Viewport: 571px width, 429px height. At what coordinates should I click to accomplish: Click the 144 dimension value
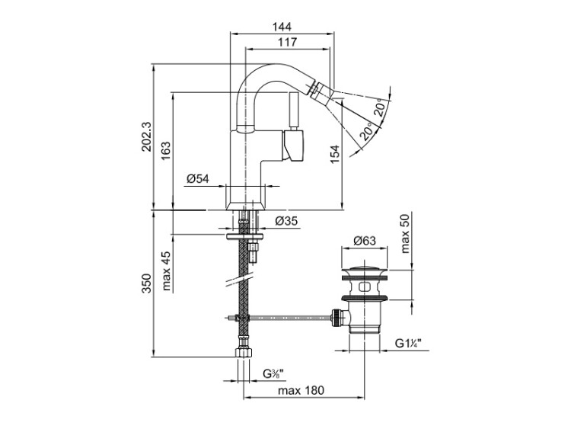pos(282,25)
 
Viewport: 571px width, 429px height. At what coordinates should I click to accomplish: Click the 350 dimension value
pos(146,283)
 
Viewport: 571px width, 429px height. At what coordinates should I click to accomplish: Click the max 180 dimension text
pos(301,390)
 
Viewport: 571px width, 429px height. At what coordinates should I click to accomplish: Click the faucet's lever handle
pos(294,145)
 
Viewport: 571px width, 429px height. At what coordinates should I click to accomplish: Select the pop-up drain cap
pos(365,271)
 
